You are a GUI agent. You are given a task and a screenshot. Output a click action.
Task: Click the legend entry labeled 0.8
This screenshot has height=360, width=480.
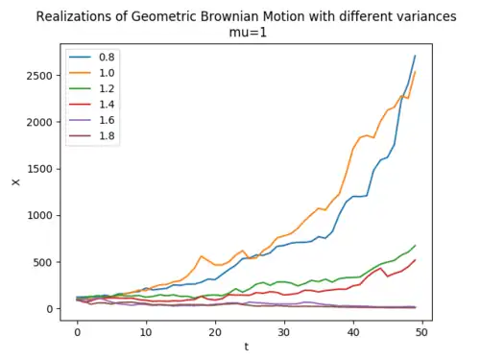[92, 58]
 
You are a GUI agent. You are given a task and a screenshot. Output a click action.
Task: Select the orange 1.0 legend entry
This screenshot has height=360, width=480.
[92, 73]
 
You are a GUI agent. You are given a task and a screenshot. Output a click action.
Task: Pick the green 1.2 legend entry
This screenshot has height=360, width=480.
[92, 88]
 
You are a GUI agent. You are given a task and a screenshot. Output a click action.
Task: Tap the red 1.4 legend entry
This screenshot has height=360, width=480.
[92, 105]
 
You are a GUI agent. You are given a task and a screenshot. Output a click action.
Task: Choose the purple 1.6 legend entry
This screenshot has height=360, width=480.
[92, 120]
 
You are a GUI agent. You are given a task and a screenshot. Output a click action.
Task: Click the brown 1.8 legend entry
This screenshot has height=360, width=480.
[92, 135]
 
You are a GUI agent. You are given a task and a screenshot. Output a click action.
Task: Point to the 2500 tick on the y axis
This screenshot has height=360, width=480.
[39, 76]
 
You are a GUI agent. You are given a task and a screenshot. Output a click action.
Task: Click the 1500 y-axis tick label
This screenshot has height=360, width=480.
[39, 169]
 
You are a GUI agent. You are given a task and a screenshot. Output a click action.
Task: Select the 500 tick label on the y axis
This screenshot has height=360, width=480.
[42, 262]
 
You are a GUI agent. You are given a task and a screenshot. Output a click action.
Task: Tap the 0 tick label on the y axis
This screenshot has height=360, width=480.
[50, 309]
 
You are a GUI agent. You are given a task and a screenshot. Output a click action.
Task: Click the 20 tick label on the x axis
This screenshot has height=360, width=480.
[215, 332]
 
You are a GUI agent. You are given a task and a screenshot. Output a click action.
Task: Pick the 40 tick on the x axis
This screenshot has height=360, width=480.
[353, 332]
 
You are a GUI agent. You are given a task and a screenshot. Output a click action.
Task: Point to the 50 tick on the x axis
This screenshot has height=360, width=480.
[421, 332]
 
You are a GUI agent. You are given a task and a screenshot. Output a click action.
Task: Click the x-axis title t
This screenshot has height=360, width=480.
[247, 347]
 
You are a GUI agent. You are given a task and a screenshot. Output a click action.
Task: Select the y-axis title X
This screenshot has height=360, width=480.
[15, 182]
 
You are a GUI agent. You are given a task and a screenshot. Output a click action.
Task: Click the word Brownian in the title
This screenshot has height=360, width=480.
[233, 16]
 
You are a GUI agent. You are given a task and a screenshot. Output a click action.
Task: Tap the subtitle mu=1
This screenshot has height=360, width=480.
[248, 33]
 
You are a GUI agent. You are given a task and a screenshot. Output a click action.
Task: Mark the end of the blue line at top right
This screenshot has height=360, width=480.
[415, 56]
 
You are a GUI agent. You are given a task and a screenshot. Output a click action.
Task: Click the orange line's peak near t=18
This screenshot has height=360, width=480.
[202, 256]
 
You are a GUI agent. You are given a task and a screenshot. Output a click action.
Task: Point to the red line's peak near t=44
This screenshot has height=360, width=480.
[381, 268]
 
